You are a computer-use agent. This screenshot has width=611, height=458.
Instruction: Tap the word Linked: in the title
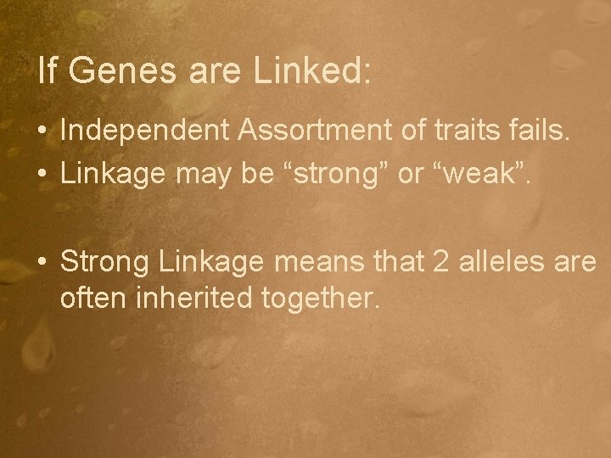311,72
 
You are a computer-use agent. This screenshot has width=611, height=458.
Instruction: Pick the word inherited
190,298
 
